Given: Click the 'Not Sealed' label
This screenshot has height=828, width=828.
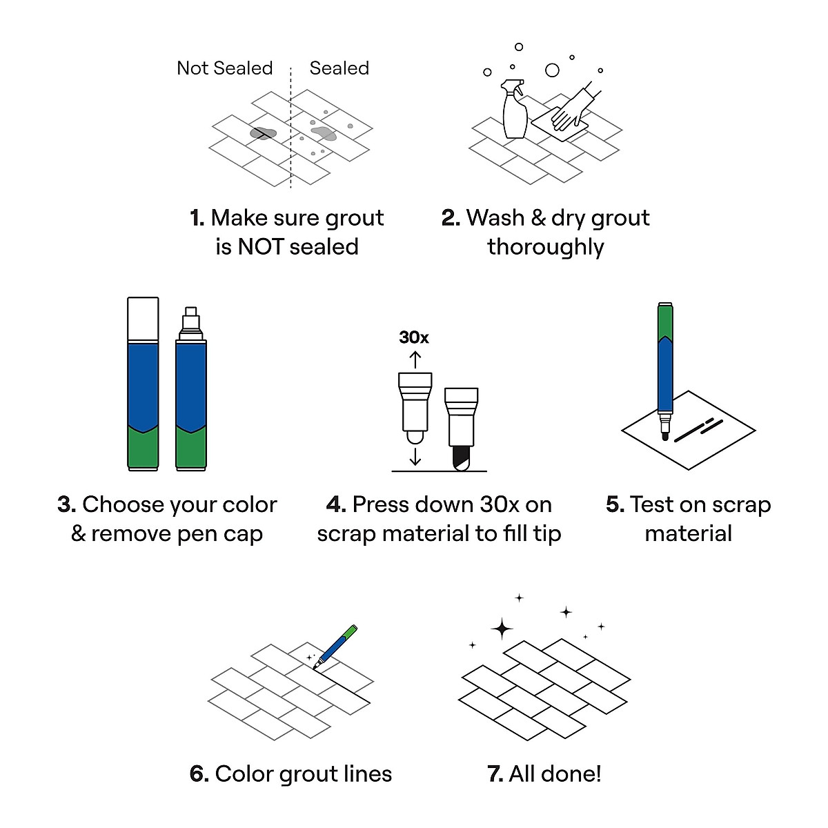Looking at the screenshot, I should [224, 68].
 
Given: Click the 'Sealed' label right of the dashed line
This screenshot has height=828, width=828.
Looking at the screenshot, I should [339, 68].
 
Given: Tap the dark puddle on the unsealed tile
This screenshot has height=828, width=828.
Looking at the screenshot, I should [263, 133].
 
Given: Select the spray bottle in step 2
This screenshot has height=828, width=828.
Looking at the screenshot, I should [515, 110].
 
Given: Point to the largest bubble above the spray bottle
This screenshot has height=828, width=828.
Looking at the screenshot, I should [552, 70].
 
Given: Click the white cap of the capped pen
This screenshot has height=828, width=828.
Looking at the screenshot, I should [143, 319].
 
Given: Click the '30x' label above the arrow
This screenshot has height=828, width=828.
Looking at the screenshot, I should [414, 337].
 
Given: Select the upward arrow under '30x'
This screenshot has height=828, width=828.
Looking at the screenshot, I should [415, 359].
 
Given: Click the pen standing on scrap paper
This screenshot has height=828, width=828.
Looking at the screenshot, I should [665, 366].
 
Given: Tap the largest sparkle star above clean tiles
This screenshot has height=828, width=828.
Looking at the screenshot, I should [502, 629].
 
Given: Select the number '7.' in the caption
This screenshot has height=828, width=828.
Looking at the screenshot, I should [495, 774].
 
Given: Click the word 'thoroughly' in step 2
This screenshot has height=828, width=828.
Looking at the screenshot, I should [545, 247].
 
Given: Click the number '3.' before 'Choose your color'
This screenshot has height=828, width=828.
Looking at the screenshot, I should [66, 505].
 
